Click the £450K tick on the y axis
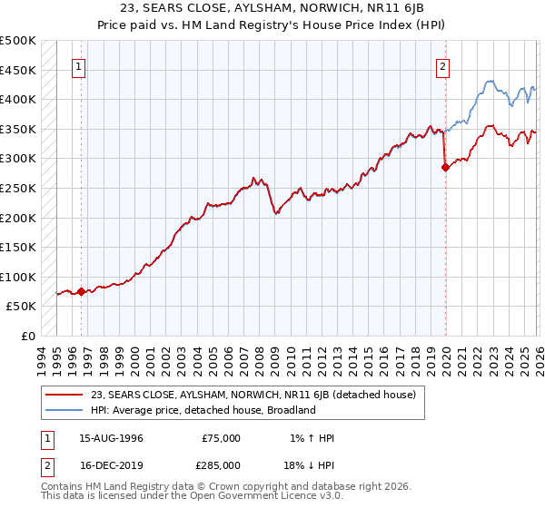tap(18, 70)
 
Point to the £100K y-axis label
tap(18, 277)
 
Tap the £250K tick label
tap(18, 188)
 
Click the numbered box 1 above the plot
tap(78, 66)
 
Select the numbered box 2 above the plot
tap(442, 66)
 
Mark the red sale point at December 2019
tap(446, 167)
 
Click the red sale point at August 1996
tap(81, 291)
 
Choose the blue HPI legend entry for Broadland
tap(202, 410)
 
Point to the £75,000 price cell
tap(221, 438)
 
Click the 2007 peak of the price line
tap(256, 177)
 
